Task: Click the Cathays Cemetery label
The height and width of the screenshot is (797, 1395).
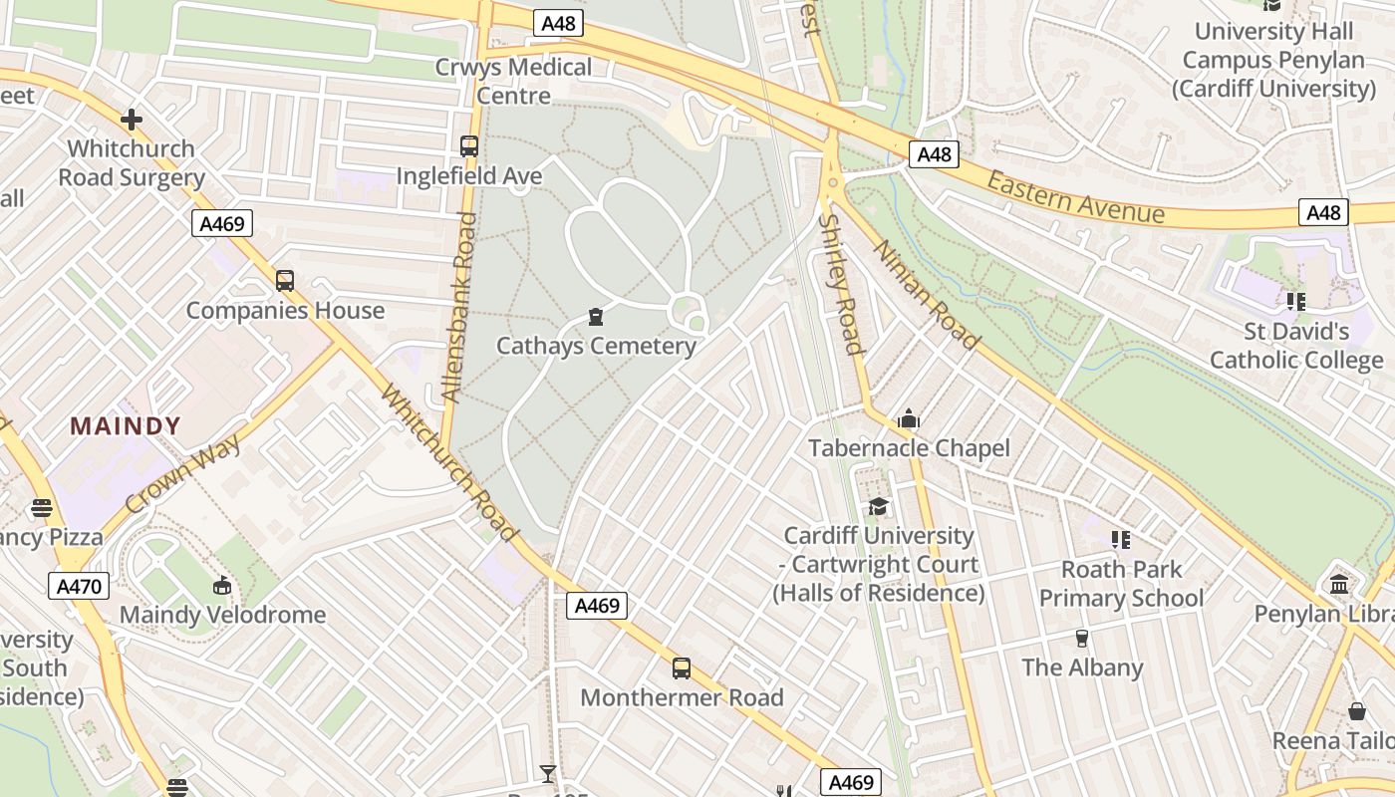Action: coord(596,346)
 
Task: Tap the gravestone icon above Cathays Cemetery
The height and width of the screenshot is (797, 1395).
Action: coord(596,318)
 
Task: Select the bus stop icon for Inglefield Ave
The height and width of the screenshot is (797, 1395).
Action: coord(468,146)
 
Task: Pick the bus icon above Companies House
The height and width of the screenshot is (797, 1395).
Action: coord(285,281)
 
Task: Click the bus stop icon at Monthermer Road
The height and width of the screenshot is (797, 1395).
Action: coord(682,668)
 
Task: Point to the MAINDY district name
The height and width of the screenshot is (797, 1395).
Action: coord(126,426)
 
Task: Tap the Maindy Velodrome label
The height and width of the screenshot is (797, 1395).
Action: coord(222,615)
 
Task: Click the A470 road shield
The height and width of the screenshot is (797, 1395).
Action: coord(79,586)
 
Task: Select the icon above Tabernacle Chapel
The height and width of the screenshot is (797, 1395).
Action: coord(908,419)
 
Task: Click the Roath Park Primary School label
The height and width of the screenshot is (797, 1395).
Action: coord(1121,584)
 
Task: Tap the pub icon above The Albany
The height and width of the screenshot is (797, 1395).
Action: coord(1082,638)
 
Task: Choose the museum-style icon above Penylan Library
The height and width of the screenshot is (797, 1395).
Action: coord(1339,584)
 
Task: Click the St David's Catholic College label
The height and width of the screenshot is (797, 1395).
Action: coord(1296,345)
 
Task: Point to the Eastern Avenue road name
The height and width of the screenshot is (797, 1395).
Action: coord(1075,197)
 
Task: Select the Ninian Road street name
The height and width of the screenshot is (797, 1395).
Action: coord(927,295)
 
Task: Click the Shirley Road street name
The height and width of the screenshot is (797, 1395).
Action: coord(839,284)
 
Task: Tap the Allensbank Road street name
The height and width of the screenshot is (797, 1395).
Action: coord(459,307)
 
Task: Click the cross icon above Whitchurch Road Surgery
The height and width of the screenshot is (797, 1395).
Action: coord(131,121)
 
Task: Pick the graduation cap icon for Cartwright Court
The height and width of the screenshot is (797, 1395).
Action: coord(878,507)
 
